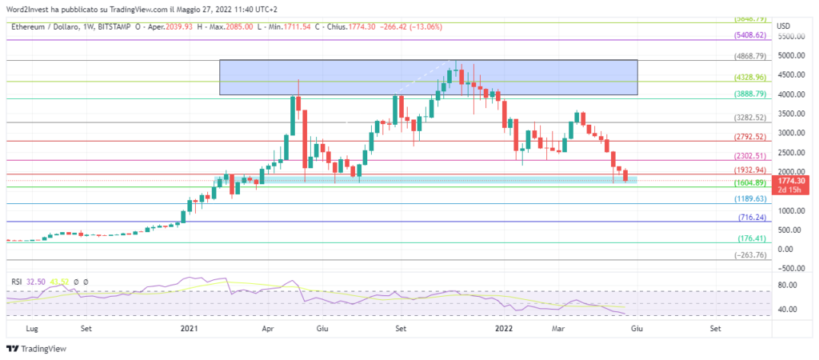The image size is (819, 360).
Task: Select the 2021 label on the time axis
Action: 189,328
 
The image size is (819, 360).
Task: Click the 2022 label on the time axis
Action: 504,328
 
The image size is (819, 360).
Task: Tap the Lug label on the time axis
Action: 33,328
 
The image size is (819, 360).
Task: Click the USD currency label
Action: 785,26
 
